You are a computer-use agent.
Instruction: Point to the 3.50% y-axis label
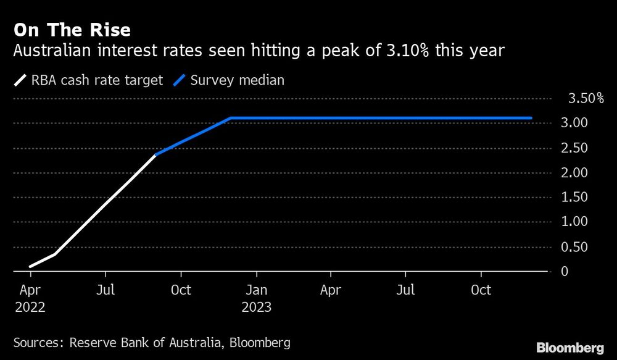tap(581, 98)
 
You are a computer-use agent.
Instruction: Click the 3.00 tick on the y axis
tap(574, 123)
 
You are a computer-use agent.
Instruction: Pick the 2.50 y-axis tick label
tap(574, 148)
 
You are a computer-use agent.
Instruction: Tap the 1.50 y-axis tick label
tap(574, 197)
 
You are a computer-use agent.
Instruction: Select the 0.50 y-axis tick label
tap(574, 246)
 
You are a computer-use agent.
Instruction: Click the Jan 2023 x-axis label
tap(257, 298)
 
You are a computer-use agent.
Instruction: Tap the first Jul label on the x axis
tap(106, 290)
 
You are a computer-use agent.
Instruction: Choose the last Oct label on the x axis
tap(481, 290)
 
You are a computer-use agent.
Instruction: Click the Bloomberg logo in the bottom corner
tap(570, 347)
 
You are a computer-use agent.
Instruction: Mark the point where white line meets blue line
tap(155, 154)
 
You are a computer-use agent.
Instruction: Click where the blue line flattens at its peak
tap(230, 118)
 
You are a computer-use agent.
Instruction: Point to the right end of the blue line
tap(531, 118)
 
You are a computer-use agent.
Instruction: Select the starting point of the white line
tap(30, 267)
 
